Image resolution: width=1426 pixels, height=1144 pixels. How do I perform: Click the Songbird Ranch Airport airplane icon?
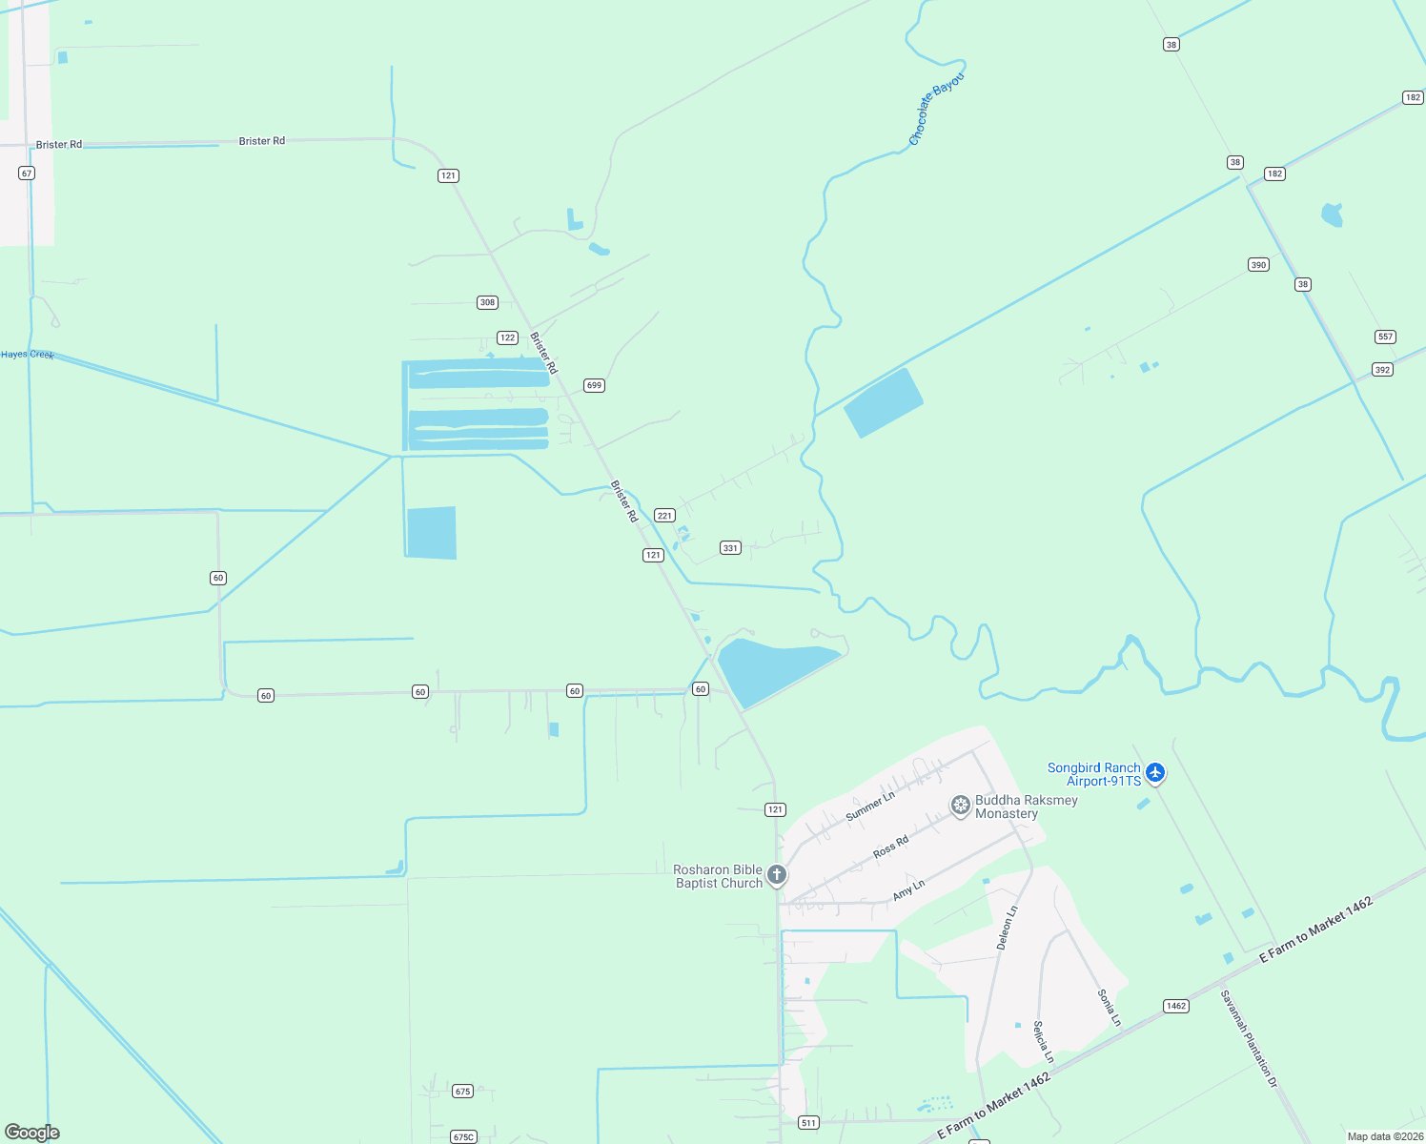1155,772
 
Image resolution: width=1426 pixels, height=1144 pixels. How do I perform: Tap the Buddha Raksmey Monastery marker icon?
960,807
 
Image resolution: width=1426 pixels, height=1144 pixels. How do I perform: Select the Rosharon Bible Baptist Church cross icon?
777,875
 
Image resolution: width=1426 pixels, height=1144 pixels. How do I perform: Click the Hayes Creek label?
28,355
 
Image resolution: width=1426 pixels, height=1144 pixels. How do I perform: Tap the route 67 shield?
27,174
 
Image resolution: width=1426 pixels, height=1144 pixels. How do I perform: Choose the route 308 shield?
487,302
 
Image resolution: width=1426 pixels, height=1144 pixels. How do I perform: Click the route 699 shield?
594,385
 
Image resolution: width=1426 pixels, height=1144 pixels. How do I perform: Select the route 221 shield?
664,516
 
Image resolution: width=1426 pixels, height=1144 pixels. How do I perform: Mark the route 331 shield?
730,548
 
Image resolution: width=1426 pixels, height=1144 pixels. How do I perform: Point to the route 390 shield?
1258,265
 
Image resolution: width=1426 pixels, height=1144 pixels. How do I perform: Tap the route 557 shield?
1385,337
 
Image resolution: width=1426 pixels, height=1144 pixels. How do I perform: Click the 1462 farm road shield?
1175,1006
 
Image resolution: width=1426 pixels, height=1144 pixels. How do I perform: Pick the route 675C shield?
463,1136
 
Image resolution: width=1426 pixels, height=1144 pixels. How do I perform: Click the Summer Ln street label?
870,807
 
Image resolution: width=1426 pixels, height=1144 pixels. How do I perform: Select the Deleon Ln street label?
1007,928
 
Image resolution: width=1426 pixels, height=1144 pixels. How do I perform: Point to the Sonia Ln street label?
1109,1008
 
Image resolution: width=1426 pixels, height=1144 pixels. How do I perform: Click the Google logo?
32,1132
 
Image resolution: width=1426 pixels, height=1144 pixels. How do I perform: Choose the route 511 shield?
808,1122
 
